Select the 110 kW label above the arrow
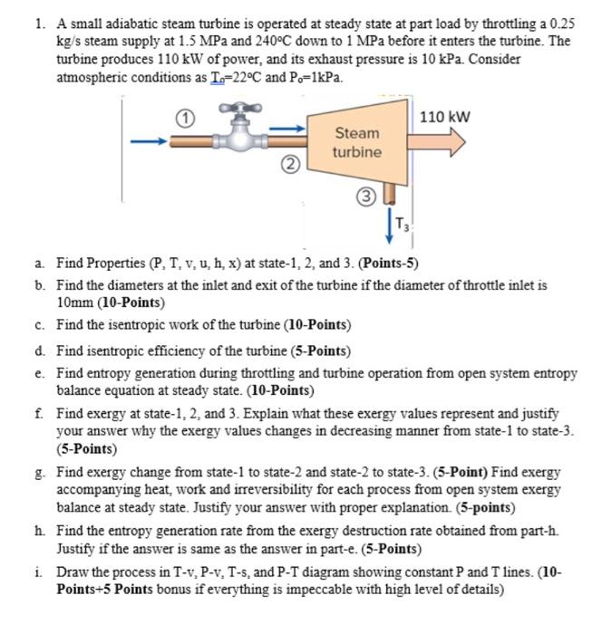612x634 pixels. click(445, 117)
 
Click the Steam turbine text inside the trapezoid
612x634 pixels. click(356, 142)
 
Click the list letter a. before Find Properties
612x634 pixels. click(42, 264)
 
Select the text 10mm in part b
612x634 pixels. click(76, 302)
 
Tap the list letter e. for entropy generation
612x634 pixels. click(42, 372)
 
